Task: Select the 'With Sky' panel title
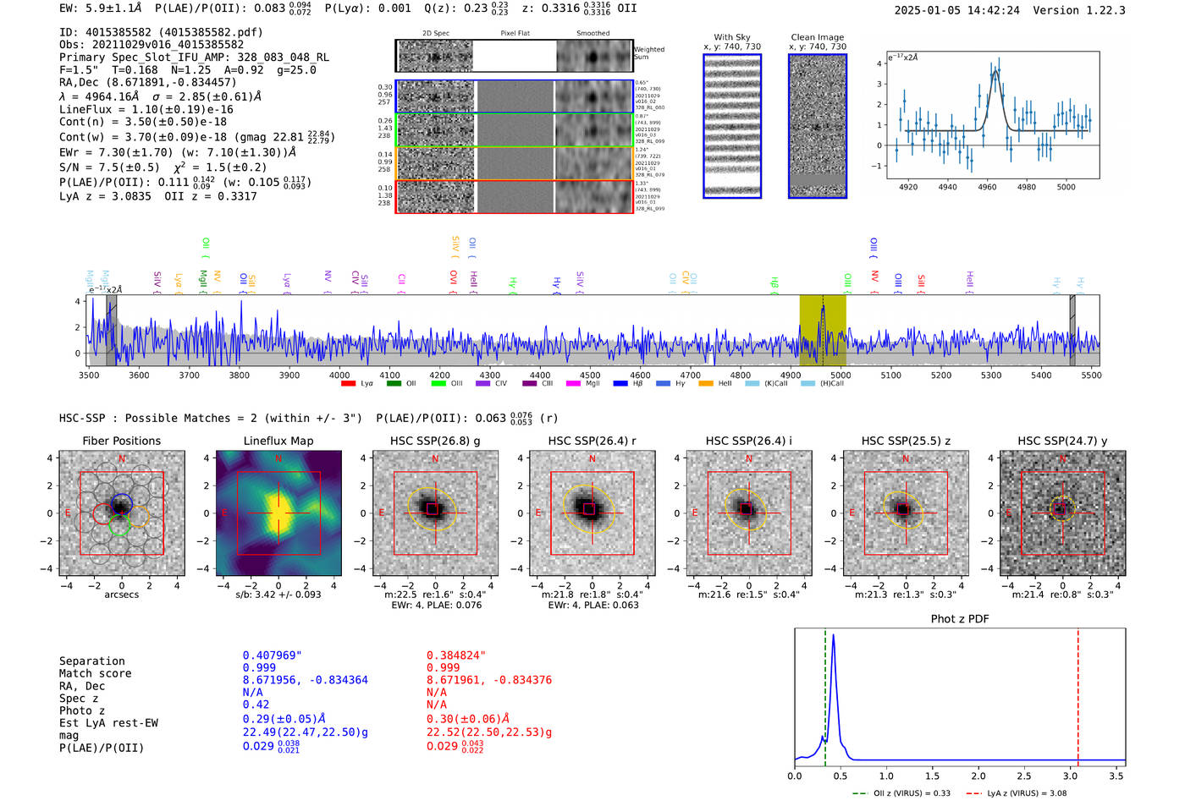[x=732, y=37]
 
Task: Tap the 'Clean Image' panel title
[x=817, y=37]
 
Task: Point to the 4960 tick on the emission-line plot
[x=987, y=187]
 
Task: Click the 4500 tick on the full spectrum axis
[x=590, y=375]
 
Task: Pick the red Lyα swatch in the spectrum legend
[x=348, y=384]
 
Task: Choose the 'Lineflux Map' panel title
[x=278, y=441]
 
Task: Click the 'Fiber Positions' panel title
[x=121, y=441]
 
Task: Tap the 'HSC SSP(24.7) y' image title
[x=1062, y=441]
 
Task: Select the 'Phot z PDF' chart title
[x=960, y=618]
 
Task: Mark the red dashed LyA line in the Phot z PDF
[x=1078, y=694]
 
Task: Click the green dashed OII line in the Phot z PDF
[x=825, y=694]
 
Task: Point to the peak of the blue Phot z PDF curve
[x=834, y=635]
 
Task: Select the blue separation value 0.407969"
[x=272, y=655]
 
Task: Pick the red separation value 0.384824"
[x=455, y=655]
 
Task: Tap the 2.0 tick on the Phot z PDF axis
[x=978, y=776]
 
